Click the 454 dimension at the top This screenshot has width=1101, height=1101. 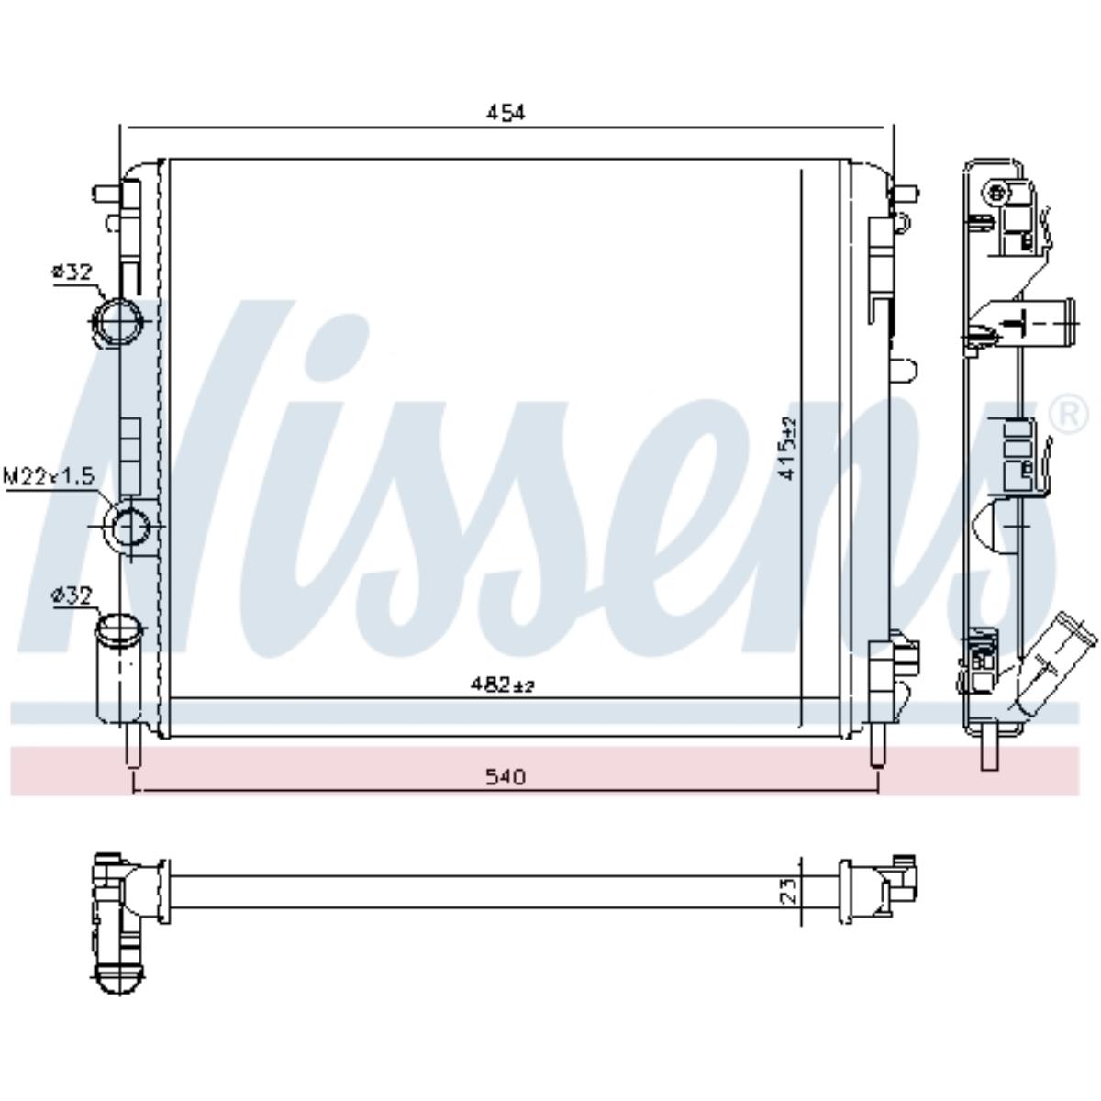click(505, 113)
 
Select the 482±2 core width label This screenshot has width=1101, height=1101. click(502, 684)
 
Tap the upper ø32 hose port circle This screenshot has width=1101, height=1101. click(117, 322)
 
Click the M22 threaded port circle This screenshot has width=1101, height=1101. click(129, 527)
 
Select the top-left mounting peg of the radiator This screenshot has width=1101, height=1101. click(106, 194)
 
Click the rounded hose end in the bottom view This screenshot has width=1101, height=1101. click(118, 976)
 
